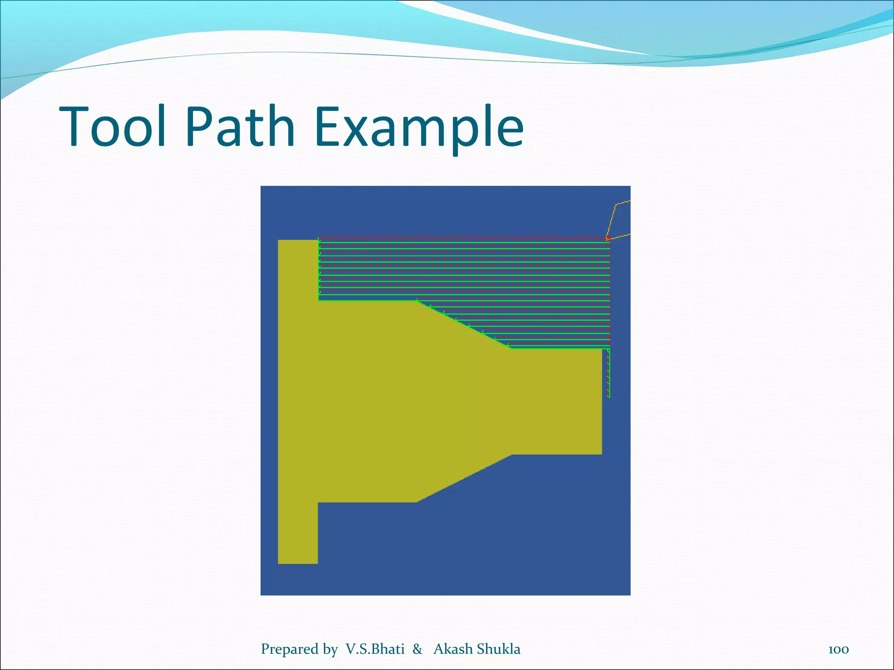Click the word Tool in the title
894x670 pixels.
pyautogui.click(x=113, y=126)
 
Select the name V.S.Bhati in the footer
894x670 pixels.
pyautogui.click(x=375, y=649)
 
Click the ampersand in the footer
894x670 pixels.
pyautogui.click(x=417, y=649)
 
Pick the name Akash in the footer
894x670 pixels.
pyautogui.click(x=453, y=649)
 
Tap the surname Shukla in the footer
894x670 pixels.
pyautogui.click(x=499, y=649)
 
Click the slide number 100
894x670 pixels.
pyautogui.click(x=838, y=649)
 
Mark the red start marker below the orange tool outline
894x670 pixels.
pyautogui.click(x=608, y=238)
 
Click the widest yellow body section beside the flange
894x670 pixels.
pyautogui.click(x=367, y=401)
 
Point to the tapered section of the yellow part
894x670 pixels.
pyautogui.click(x=463, y=401)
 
